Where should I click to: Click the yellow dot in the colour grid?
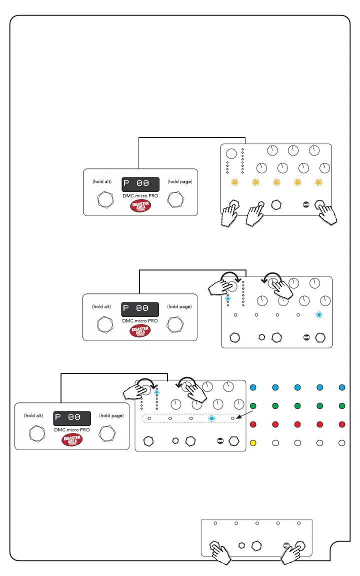coord(253,442)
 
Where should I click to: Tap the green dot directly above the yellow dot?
coord(253,405)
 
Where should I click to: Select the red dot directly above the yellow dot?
coord(253,424)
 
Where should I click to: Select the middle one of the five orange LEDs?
coord(275,183)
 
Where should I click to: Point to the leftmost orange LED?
coord(233,183)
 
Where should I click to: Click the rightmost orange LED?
coord(317,183)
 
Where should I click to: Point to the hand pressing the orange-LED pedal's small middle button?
coord(256,216)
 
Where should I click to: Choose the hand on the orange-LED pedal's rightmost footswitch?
coord(326,214)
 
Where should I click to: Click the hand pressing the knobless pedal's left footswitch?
coord(220,553)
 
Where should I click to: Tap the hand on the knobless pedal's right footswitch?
coord(294,554)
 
